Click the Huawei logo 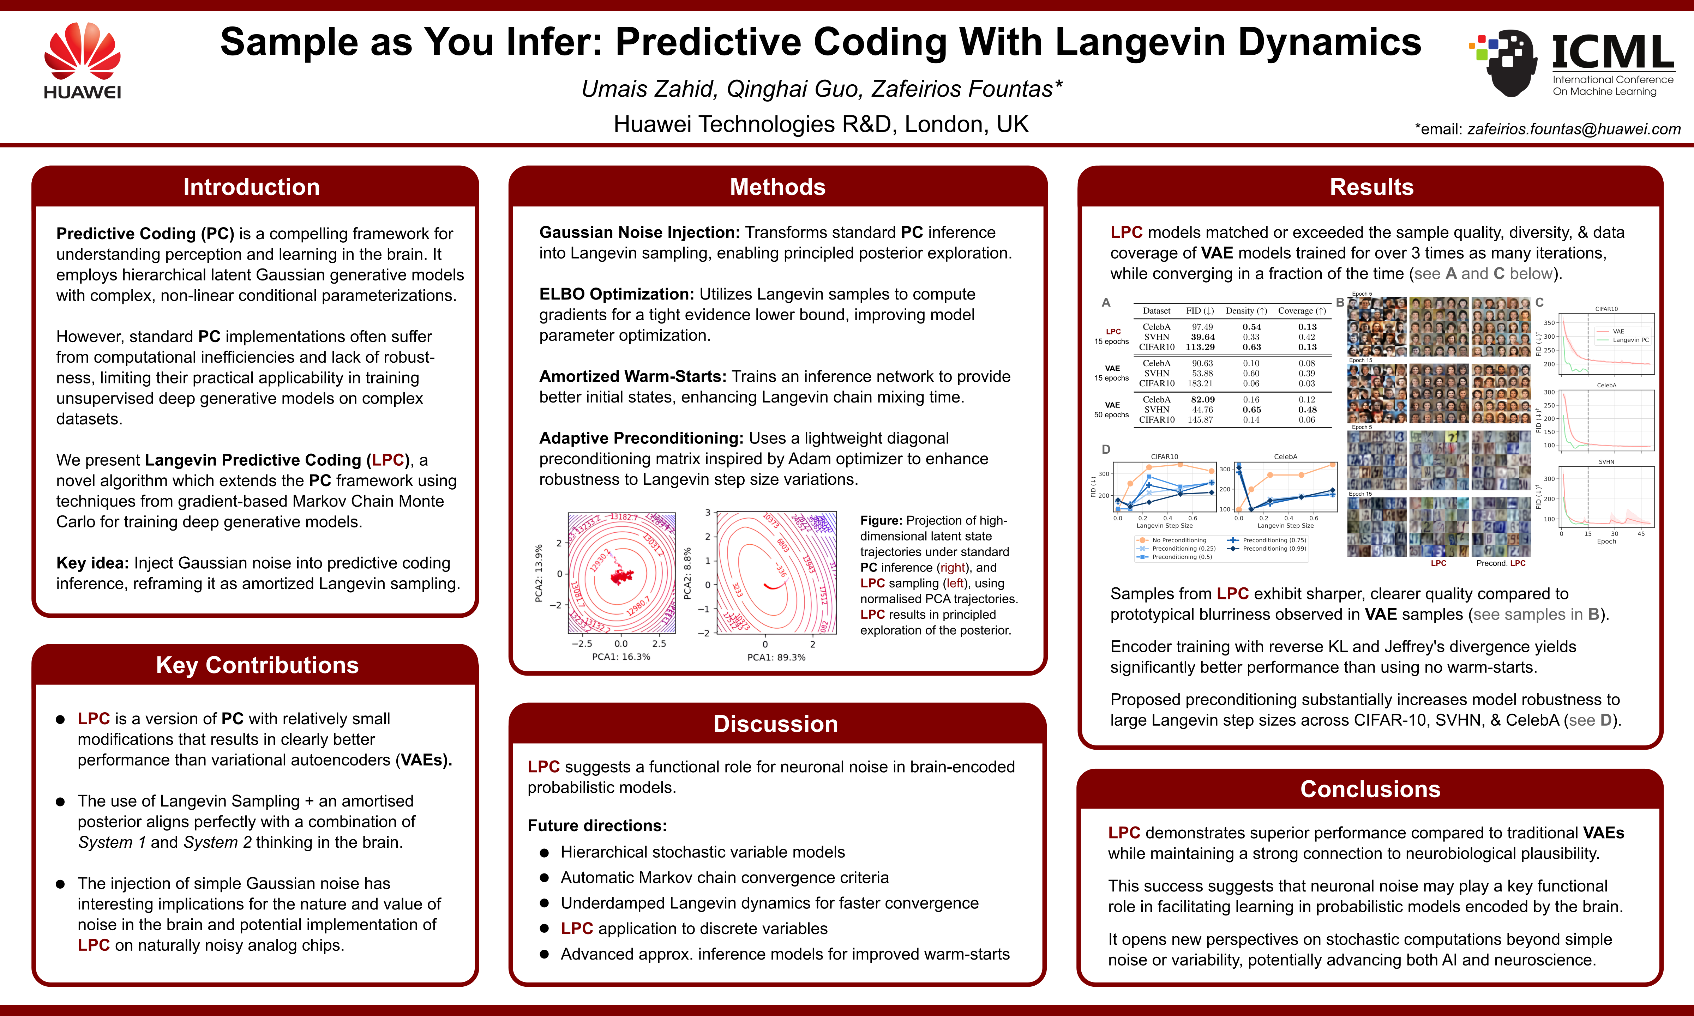coord(82,60)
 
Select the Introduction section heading coord(251,187)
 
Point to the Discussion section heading coord(776,724)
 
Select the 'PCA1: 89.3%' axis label coord(776,657)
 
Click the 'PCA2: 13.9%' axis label coord(539,574)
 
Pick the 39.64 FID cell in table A coord(1202,337)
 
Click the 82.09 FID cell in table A coord(1202,400)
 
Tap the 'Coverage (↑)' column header coord(1302,311)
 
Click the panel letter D coord(1106,450)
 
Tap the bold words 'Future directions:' coord(596,825)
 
